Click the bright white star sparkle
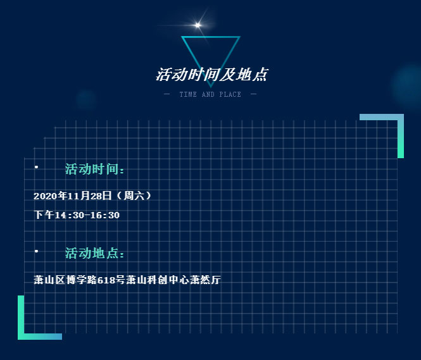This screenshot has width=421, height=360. coord(198,25)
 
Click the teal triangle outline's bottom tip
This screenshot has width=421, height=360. coord(211,87)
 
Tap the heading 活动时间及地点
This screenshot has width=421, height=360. coord(212,74)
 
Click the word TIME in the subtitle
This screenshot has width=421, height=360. coord(188,94)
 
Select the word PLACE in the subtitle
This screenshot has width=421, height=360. coord(230,94)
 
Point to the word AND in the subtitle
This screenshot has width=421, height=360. coord(208,94)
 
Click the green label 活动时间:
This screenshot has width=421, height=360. coord(94,169)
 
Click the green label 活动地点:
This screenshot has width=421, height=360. coord(94,253)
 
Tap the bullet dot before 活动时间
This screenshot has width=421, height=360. coord(36,167)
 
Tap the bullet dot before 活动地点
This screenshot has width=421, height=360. coord(36,251)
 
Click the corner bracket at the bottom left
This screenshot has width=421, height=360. coord(21,337)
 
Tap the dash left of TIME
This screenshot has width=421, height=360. coord(167,94)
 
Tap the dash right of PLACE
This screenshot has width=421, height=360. coord(253,94)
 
